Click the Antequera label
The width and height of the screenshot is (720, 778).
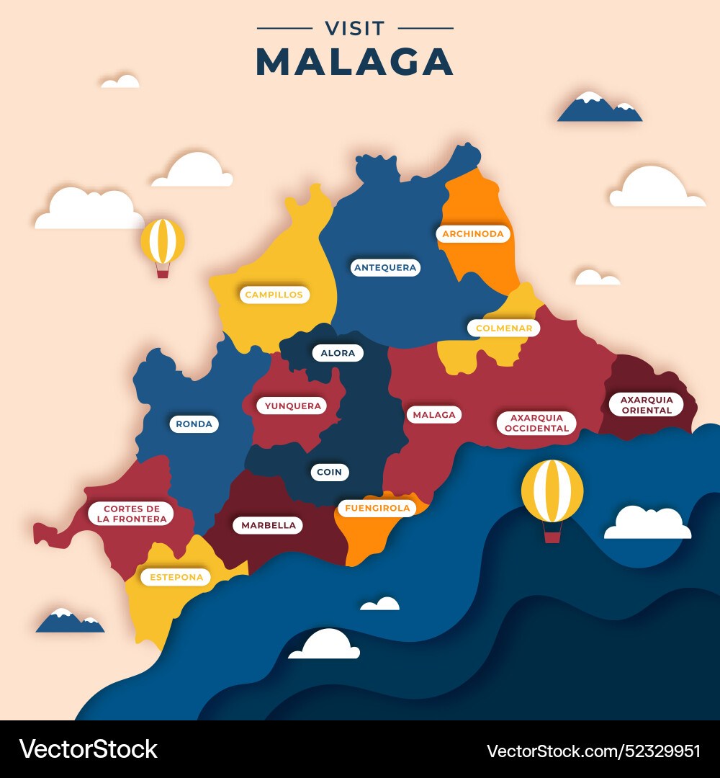click(385, 267)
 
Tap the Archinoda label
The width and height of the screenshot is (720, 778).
click(473, 233)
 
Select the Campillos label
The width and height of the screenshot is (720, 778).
click(274, 294)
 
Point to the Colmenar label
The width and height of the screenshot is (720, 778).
click(503, 328)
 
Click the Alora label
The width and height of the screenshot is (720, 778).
click(338, 353)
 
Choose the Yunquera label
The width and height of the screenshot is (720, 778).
click(292, 406)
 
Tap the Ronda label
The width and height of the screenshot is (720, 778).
click(194, 424)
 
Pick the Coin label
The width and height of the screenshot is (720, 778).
click(330, 472)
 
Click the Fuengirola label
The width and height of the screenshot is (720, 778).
click(377, 508)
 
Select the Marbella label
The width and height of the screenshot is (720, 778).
click(268, 525)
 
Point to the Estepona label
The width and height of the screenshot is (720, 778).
click(176, 576)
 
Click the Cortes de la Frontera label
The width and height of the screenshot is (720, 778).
click(131, 513)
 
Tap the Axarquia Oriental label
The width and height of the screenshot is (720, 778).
click(646, 404)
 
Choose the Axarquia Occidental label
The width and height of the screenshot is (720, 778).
click(536, 423)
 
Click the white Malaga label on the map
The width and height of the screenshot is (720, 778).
click(434, 414)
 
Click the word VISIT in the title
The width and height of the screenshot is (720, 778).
click(355, 29)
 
